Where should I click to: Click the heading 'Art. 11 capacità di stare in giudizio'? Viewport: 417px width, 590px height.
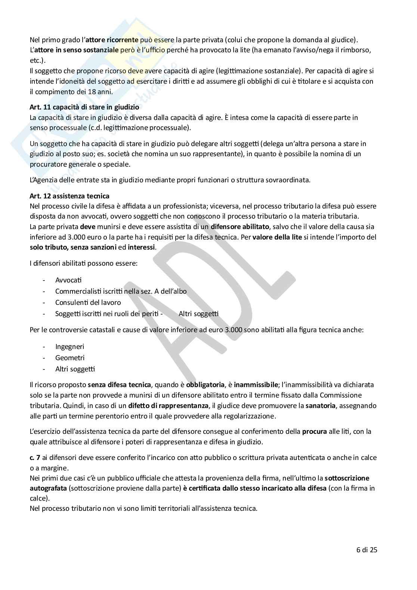pyautogui.click(x=84, y=107)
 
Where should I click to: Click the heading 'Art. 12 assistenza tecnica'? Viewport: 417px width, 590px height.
pyautogui.click(x=69, y=196)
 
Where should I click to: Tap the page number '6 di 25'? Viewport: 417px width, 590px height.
pyautogui.click(x=367, y=550)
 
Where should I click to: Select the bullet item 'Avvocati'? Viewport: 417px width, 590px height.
pyautogui.click(x=68, y=280)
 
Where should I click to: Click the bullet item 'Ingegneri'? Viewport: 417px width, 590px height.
pyautogui.click(x=69, y=347)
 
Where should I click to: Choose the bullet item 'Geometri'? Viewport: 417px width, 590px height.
pyautogui.click(x=70, y=358)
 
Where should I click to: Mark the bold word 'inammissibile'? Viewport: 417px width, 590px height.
pyautogui.click(x=256, y=385)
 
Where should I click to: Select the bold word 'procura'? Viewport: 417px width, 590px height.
pyautogui.click(x=314, y=432)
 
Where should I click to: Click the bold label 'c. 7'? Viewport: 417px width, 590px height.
pyautogui.click(x=35, y=458)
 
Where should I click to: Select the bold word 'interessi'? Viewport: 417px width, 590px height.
pyautogui.click(x=141, y=247)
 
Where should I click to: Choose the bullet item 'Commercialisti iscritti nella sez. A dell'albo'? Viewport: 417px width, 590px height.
pyautogui.click(x=121, y=291)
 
